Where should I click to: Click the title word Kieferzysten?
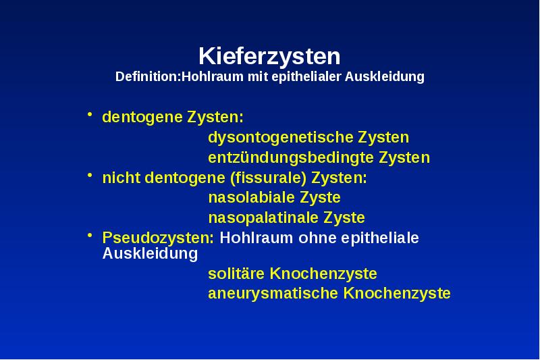point(269,56)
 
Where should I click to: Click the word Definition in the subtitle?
point(145,77)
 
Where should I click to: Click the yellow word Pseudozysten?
point(158,238)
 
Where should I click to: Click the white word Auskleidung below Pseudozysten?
point(150,254)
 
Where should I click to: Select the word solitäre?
point(236,274)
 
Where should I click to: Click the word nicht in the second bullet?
point(120,178)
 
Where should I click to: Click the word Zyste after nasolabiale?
point(319,198)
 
